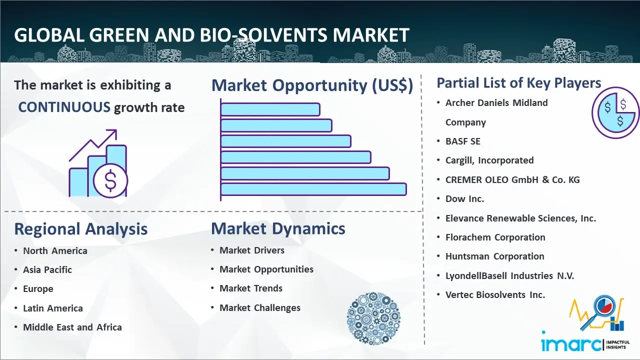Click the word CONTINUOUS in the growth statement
click(x=64, y=107)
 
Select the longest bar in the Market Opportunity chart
click(x=313, y=189)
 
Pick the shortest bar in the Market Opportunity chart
click(x=270, y=109)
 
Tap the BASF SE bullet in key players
click(x=463, y=141)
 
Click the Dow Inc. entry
click(x=465, y=198)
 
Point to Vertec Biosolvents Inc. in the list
click(x=495, y=294)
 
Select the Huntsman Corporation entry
click(x=495, y=256)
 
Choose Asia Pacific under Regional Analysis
click(x=47, y=269)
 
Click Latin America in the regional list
click(x=53, y=308)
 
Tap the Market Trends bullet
click(x=251, y=288)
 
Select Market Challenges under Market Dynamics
click(x=260, y=307)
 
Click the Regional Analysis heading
click(x=81, y=229)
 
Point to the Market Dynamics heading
click(x=278, y=228)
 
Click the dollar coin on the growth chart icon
click(x=110, y=180)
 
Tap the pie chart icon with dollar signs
click(x=615, y=112)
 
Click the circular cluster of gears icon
click(x=373, y=318)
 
